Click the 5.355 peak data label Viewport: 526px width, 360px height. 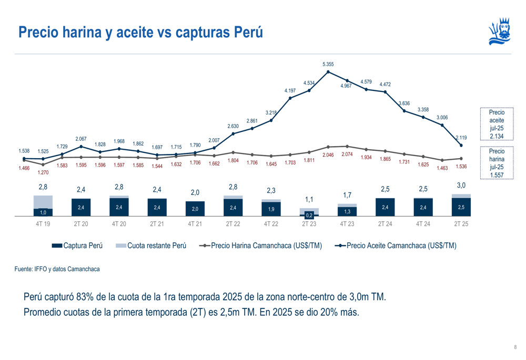pos(328,64)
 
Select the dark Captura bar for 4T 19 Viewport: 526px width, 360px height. pos(43,212)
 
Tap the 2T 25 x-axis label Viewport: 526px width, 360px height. pos(461,223)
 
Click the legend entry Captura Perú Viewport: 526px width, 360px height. pos(77,245)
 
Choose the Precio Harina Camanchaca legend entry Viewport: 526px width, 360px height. pos(261,245)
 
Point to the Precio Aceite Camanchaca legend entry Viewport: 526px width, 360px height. pos(396,245)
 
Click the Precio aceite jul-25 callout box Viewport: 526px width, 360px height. pos(496,124)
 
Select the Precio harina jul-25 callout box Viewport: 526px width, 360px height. pos(496,163)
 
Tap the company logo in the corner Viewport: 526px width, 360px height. pos(499,32)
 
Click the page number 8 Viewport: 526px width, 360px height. pos(515,347)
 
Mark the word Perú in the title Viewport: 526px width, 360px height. pos(247,32)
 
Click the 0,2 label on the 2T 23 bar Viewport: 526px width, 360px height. pos(309,215)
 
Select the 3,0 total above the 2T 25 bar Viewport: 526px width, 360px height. pos(461,185)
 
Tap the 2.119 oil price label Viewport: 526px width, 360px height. pos(461,138)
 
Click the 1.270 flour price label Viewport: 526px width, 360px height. pos(43,172)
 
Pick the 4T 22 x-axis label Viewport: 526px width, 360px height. pos(271,223)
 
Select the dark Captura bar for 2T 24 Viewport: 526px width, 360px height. pos(385,207)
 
